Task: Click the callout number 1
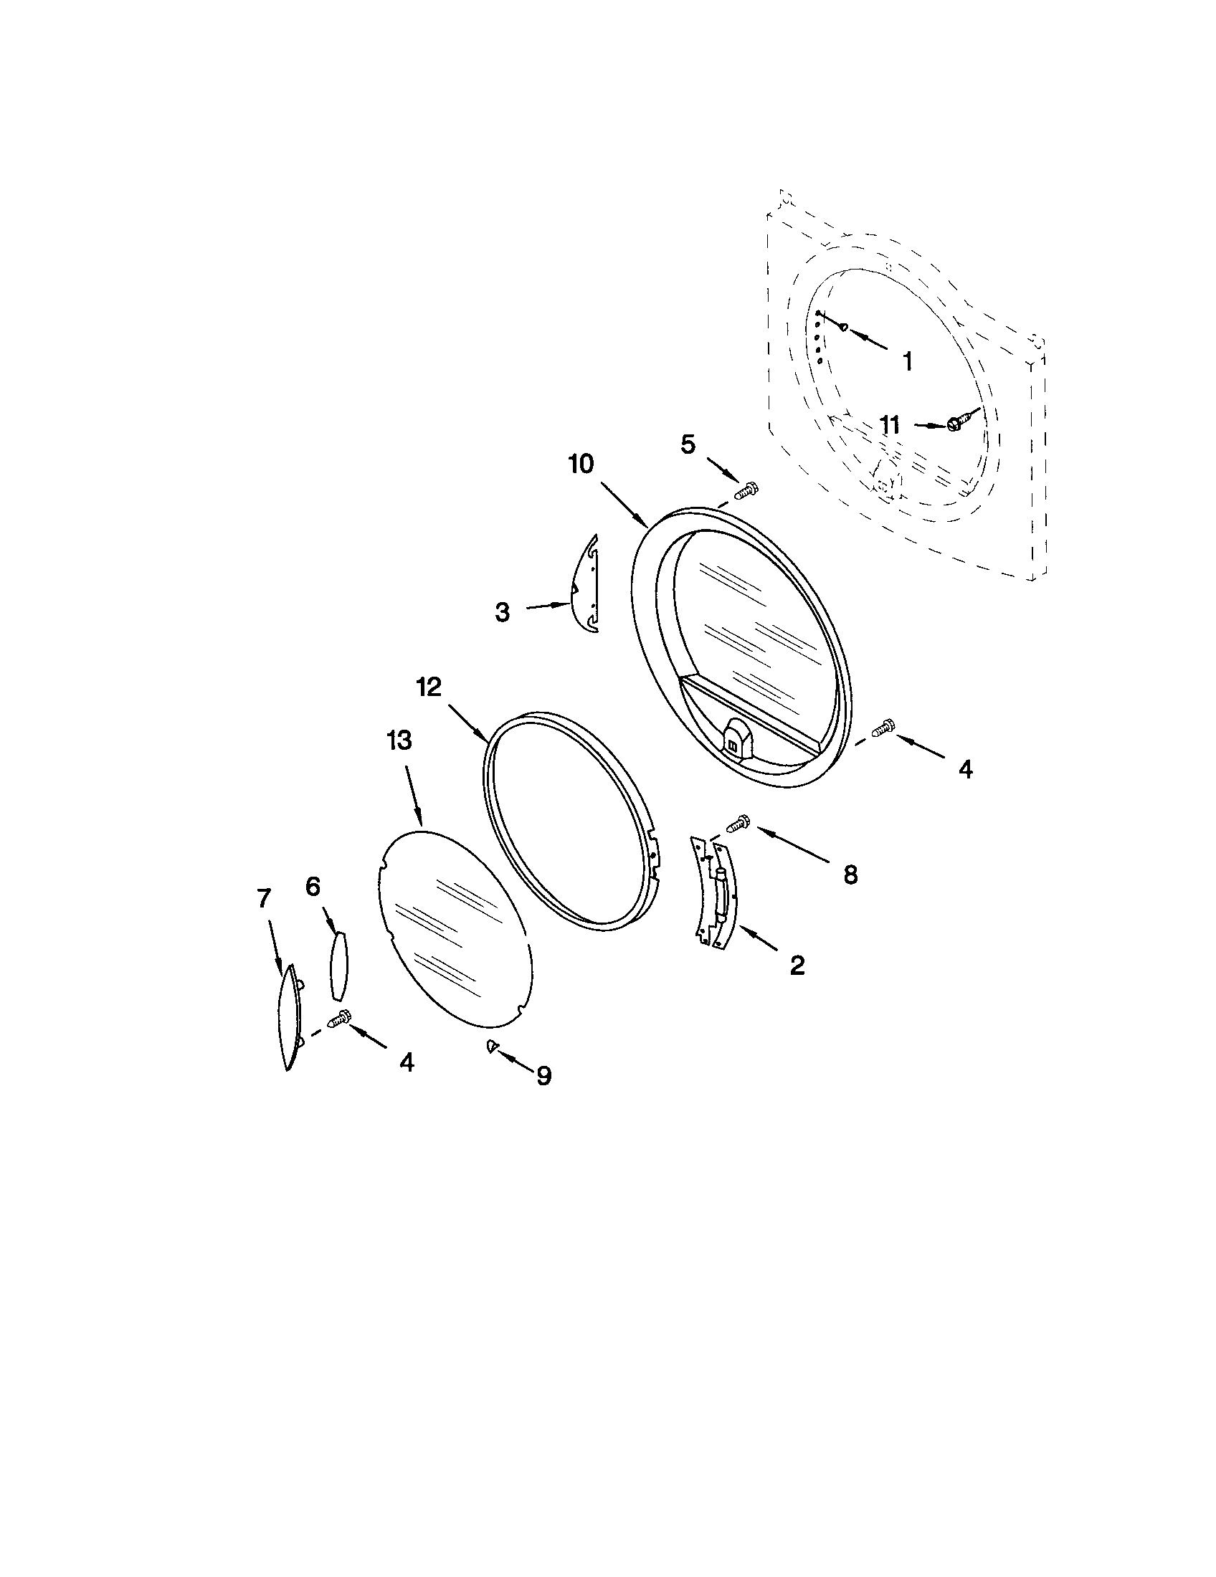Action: click(908, 361)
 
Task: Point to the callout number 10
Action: click(581, 464)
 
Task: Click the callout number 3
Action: click(503, 612)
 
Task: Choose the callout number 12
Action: click(429, 687)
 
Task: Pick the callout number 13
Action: click(399, 740)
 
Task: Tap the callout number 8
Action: click(850, 875)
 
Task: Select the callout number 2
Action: click(797, 965)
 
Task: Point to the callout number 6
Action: click(313, 887)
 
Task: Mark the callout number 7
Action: click(264, 898)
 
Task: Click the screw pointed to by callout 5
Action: click(744, 492)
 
